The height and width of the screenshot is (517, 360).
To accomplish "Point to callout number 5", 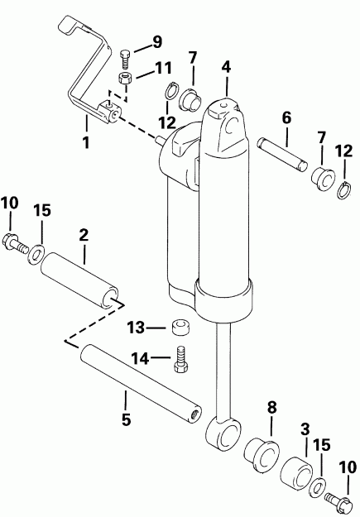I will tap(125, 419).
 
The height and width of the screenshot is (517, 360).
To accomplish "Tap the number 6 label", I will tap(286, 118).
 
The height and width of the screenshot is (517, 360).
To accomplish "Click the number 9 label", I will tap(157, 41).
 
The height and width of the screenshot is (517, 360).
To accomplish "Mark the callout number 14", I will tap(137, 358).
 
